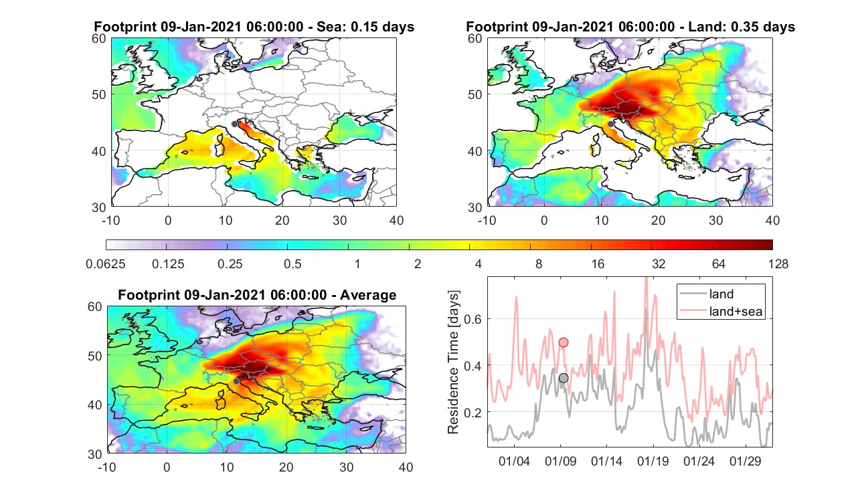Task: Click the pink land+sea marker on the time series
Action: [x=564, y=342]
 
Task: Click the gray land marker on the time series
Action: [x=564, y=378]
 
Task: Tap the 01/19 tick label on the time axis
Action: [x=653, y=461]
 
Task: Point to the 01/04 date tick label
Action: [x=514, y=461]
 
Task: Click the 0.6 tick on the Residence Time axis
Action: [x=473, y=319]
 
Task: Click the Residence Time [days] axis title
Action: [x=453, y=362]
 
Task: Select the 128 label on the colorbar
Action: [x=778, y=264]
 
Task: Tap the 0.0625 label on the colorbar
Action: [x=106, y=264]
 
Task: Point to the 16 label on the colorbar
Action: [x=598, y=264]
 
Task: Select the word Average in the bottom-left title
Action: [x=368, y=295]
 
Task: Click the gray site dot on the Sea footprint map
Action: [x=235, y=124]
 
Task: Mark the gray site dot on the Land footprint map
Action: [x=611, y=124]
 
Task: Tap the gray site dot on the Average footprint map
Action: [x=236, y=381]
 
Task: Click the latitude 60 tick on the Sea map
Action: [x=99, y=39]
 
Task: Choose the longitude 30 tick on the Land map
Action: [x=715, y=221]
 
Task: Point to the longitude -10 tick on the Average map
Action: [x=107, y=467]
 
